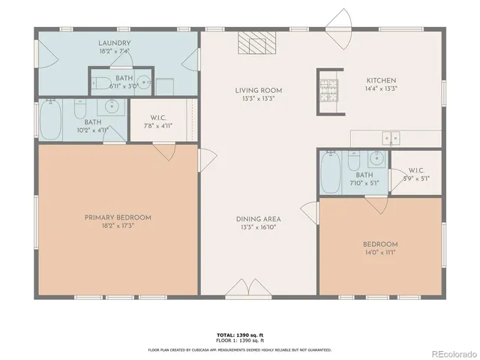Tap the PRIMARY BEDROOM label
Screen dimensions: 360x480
coord(117,217)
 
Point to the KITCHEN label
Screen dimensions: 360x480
coord(381,81)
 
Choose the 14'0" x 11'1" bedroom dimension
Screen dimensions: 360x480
coord(380,253)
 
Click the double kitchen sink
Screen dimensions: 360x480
coord(390,137)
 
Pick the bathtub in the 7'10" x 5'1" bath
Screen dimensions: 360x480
coord(330,173)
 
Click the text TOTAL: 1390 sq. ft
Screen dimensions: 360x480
coord(239,334)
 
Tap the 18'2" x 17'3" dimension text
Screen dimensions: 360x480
coord(117,226)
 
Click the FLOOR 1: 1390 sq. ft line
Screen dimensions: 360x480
coord(239,340)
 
